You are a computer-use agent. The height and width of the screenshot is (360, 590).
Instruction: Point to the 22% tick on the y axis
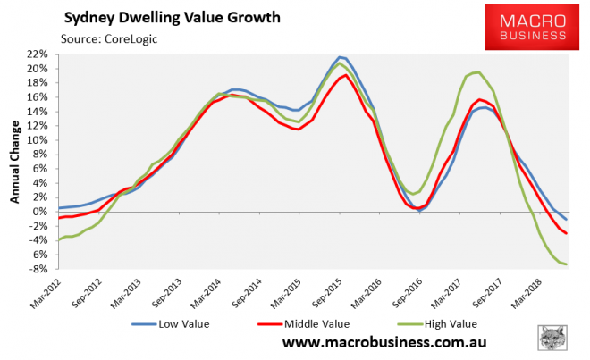point(36,54)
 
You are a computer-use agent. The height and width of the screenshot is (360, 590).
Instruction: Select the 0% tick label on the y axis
point(39,212)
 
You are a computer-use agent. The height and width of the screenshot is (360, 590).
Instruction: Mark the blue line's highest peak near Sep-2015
point(341,57)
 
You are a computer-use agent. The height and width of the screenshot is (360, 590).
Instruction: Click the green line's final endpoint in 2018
point(567,264)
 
